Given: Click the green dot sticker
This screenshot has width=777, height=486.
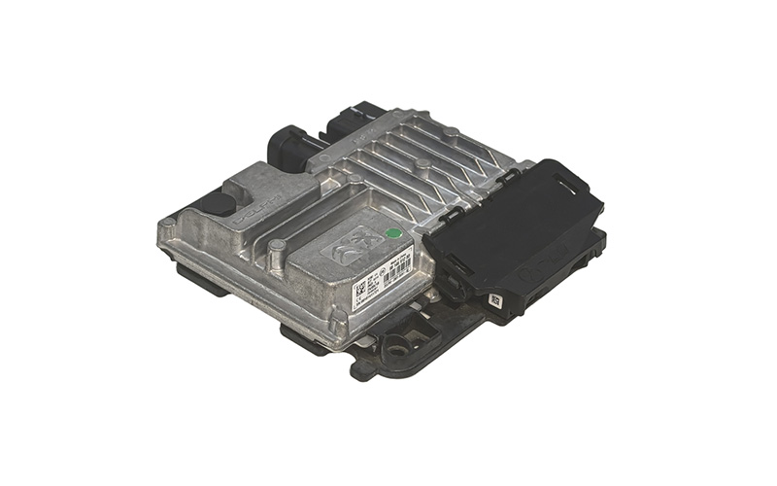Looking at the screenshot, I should [x=392, y=233].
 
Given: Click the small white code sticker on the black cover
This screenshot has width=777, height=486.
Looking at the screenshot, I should [x=495, y=299].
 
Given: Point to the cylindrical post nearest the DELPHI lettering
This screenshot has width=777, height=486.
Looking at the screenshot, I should [x=277, y=250].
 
